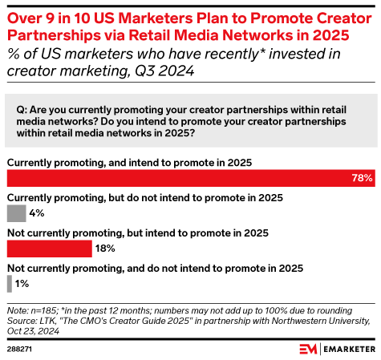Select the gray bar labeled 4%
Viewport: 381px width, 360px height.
tap(16, 213)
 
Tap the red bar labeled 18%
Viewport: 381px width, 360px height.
tap(49, 249)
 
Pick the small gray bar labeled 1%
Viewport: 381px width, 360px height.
tap(9, 284)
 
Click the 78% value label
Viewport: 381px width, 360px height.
tap(362, 178)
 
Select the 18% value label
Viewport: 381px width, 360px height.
tap(105, 249)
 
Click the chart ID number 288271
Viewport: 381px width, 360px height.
tap(19, 350)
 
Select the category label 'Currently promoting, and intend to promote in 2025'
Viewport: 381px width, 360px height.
tap(129, 161)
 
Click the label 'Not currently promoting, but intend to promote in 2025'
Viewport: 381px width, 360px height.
tap(137, 233)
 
